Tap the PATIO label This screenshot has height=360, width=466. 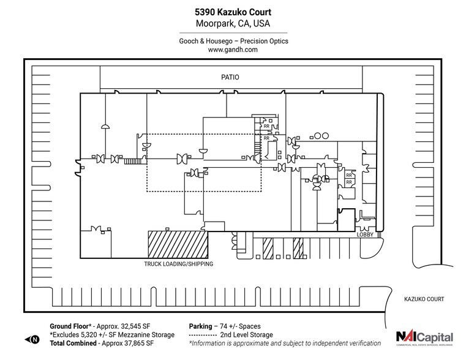tap(230, 78)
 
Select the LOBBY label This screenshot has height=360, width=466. tap(366, 234)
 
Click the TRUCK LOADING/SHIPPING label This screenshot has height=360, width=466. tap(178, 264)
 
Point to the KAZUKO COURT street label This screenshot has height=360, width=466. tap(423, 299)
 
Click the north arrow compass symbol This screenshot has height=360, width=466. tap(31, 339)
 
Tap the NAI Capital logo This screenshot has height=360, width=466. tap(424, 337)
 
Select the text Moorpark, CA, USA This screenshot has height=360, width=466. tap(233, 24)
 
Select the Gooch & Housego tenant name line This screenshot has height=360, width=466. tap(233, 41)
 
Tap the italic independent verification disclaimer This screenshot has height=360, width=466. tap(285, 343)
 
